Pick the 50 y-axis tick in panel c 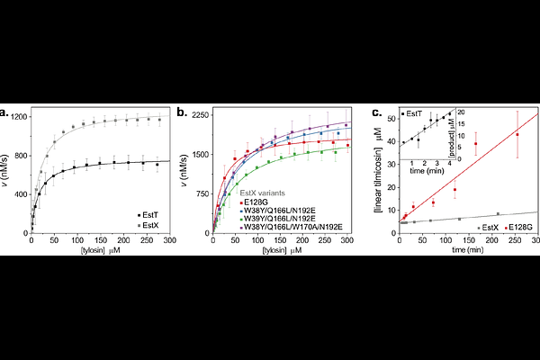[390, 117]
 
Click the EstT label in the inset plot [414, 113]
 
